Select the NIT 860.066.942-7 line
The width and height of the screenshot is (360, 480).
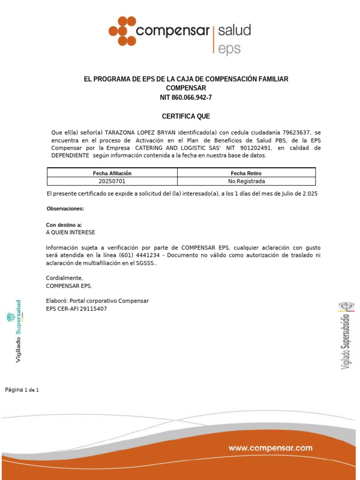pyautogui.click(x=186, y=97)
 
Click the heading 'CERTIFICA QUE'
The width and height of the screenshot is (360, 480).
pyautogui.click(x=186, y=116)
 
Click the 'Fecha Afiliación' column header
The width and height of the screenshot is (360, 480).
pyautogui.click(x=112, y=173)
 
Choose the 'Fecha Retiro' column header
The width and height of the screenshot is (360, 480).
pyautogui.click(x=246, y=173)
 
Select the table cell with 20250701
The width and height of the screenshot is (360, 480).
pyautogui.click(x=112, y=181)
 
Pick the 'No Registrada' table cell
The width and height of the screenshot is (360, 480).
pyautogui.click(x=246, y=181)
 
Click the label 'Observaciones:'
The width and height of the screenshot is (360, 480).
pyautogui.click(x=65, y=209)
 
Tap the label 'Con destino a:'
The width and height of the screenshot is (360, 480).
pyautogui.click(x=64, y=225)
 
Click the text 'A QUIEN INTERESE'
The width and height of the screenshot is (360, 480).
pyautogui.click(x=70, y=232)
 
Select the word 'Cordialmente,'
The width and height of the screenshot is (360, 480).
pyautogui.click(x=64, y=278)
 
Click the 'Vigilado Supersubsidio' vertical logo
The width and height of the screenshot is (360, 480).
pyautogui.click(x=346, y=335)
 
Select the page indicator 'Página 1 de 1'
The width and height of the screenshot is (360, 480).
pyautogui.click(x=22, y=390)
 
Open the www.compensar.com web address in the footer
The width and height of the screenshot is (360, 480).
pyautogui.click(x=270, y=448)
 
